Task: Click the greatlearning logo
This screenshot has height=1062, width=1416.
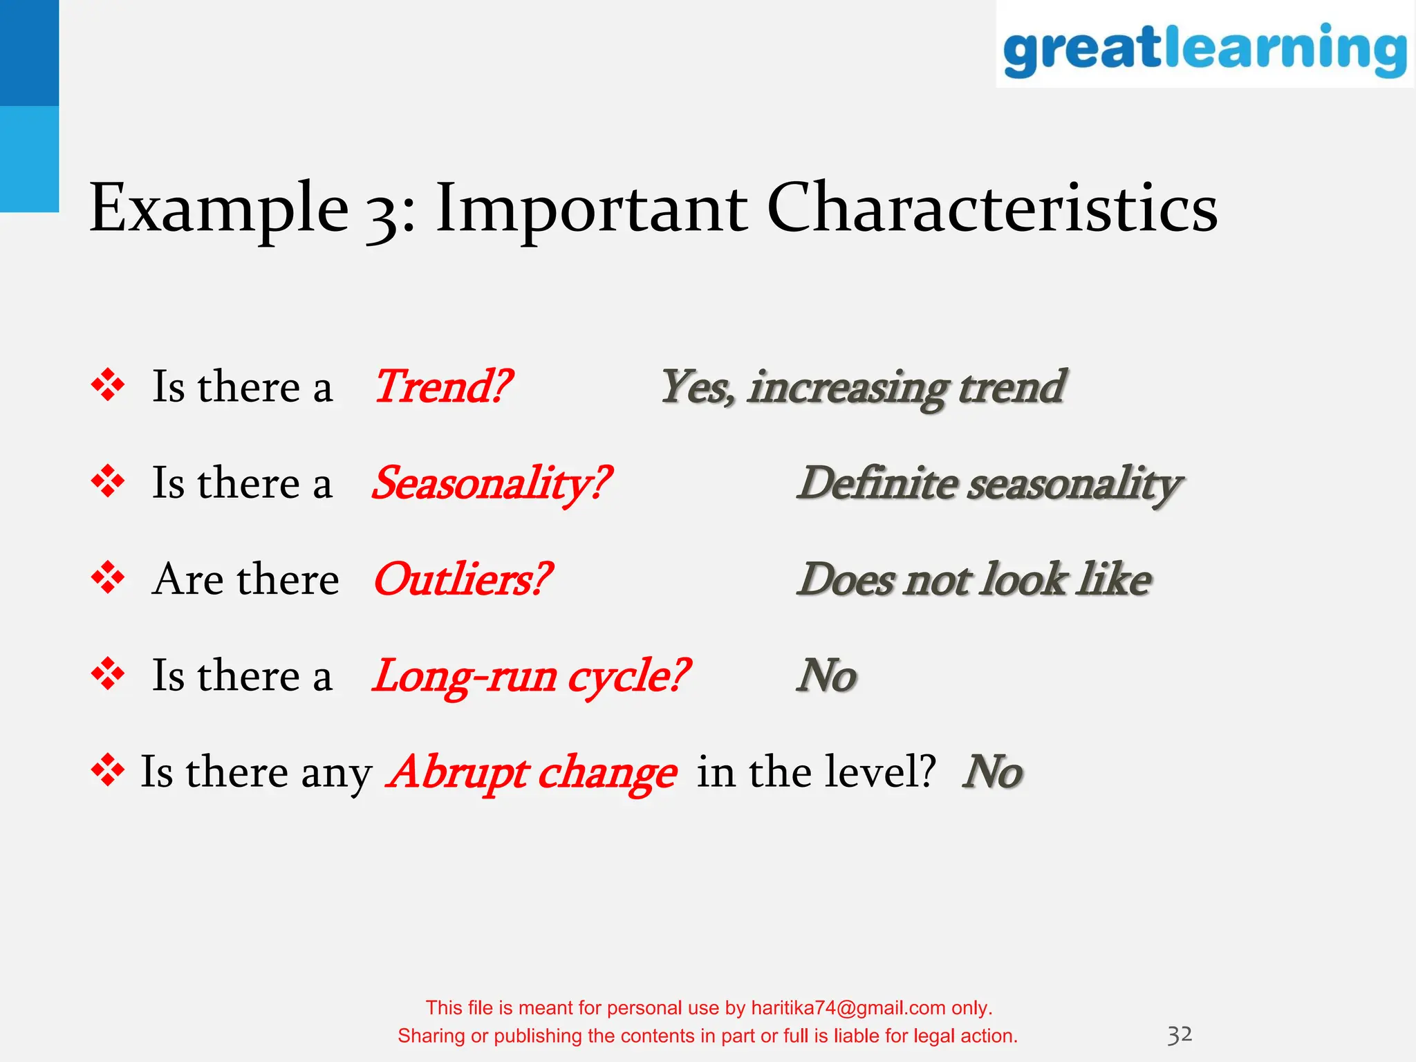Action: click(1204, 48)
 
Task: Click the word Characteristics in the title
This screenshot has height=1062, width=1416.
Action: click(992, 208)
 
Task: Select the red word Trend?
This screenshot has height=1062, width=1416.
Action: click(442, 386)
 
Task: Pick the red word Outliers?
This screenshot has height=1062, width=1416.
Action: click(462, 579)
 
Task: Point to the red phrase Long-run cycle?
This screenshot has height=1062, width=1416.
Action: click(531, 676)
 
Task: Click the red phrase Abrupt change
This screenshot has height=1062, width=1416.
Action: click(533, 772)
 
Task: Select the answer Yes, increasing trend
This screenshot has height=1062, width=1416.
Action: click(863, 387)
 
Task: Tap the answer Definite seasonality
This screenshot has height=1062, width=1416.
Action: click(989, 483)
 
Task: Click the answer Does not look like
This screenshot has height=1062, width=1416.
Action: click(973, 579)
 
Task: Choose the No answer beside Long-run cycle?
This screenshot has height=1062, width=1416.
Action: click(827, 676)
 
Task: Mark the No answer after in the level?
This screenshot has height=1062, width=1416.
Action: click(992, 772)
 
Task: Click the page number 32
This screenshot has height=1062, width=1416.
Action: click(1180, 1034)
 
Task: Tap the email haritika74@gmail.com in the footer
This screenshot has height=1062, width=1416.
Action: click(848, 1008)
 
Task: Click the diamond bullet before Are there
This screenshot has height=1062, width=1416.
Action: click(108, 578)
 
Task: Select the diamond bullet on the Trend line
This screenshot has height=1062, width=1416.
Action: click(108, 385)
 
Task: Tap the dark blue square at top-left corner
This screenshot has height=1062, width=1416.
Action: click(29, 53)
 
